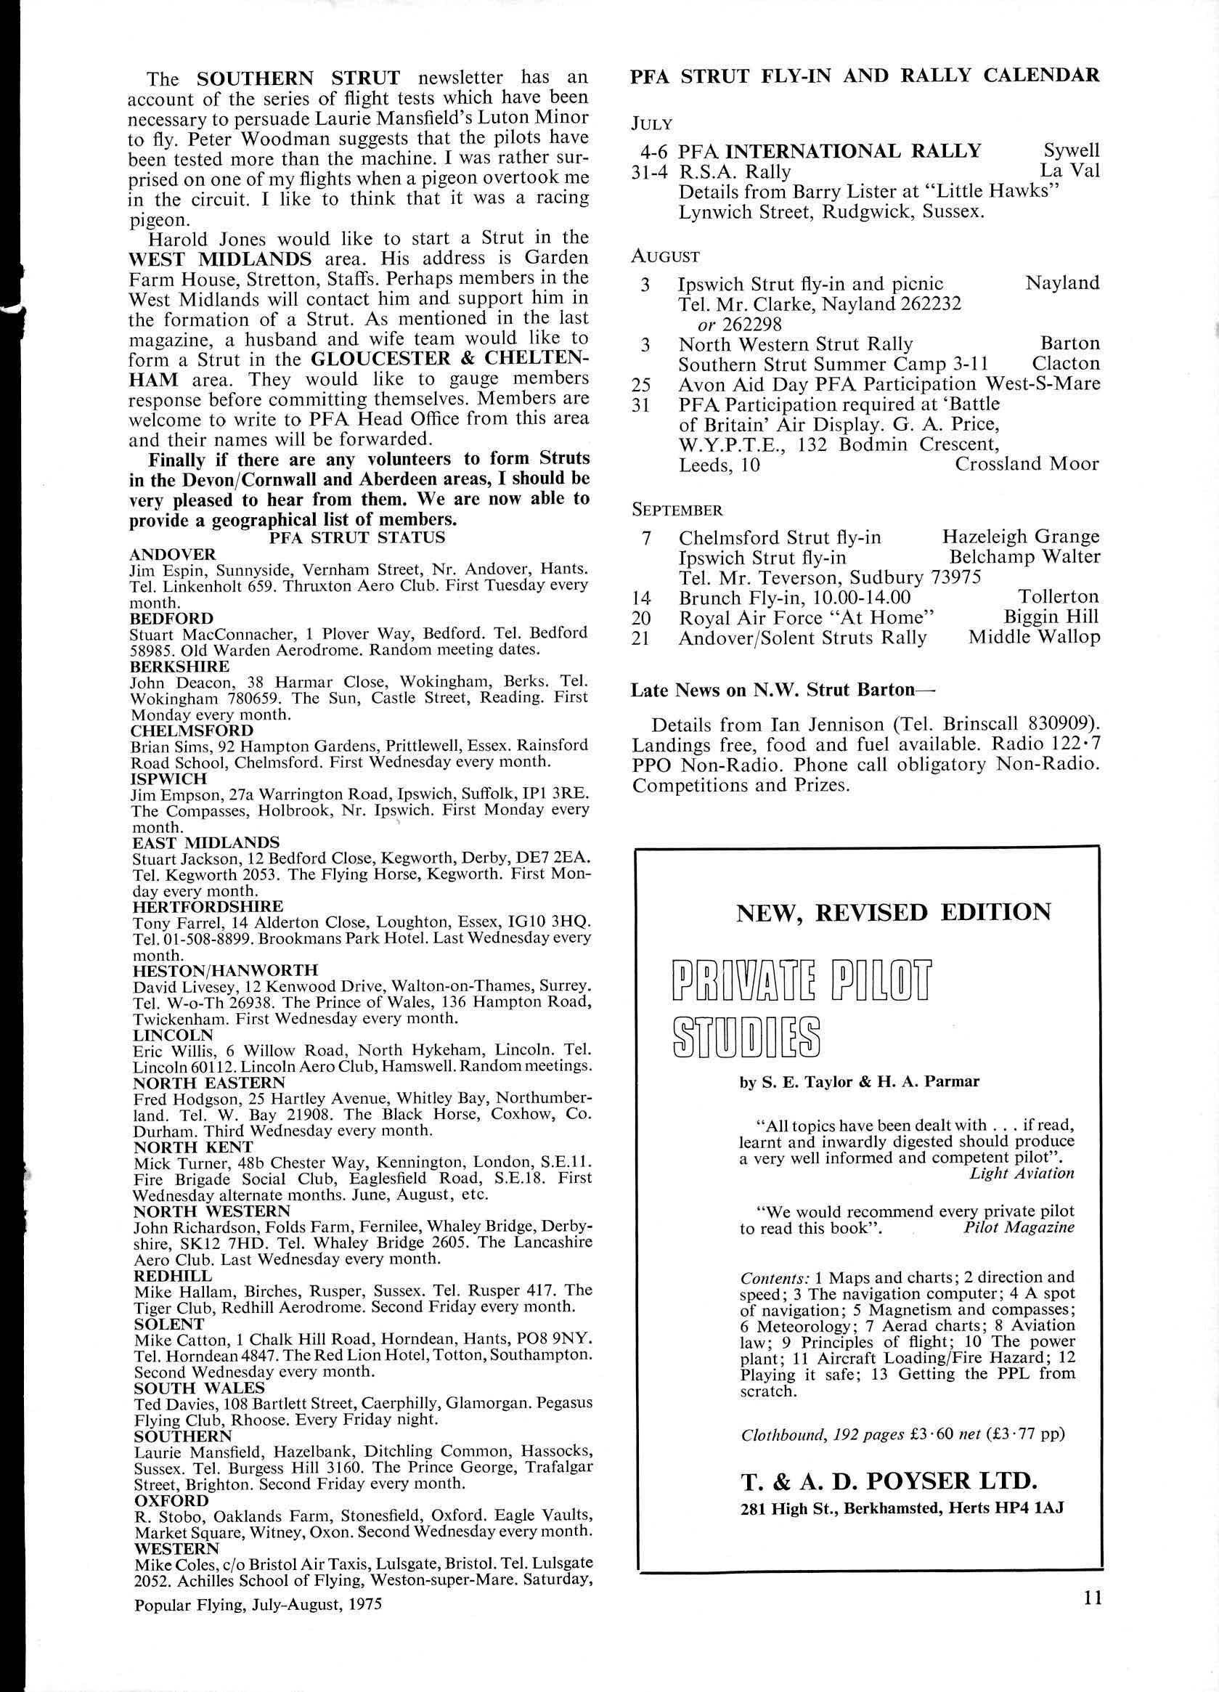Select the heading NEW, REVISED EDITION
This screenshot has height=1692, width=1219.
(893, 912)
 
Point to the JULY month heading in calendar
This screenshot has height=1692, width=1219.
(651, 123)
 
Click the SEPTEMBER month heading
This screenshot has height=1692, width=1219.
(677, 510)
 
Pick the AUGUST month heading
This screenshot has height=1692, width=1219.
(666, 256)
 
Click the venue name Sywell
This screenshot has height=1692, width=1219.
(1072, 152)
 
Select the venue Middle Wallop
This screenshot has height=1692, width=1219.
(1034, 637)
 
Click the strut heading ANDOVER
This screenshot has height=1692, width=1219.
(172, 553)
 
